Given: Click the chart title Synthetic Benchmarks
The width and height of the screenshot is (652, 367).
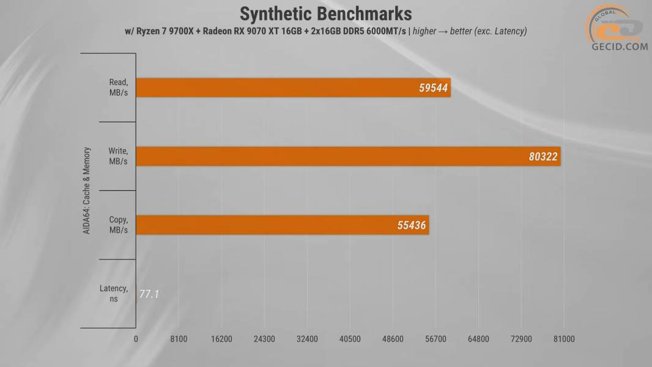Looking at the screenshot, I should coord(325,13).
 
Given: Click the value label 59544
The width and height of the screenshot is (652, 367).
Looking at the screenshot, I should coord(434,88).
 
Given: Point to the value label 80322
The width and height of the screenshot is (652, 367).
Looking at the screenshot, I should coord(543,157).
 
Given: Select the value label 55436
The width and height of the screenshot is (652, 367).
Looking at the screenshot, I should coord(412,226).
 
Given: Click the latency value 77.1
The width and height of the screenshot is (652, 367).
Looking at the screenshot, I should coord(149,294).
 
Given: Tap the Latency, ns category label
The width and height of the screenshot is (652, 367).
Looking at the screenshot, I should coord(114,294).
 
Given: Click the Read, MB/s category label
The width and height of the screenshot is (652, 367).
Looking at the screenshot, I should coord(117,87).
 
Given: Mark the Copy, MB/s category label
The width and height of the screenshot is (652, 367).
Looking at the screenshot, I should coord(117,225).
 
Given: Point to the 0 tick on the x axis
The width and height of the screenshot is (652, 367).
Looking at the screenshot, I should coord(136,339).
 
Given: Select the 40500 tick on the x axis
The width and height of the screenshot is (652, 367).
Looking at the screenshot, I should coord(350,339).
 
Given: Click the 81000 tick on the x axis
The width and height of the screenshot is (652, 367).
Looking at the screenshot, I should coord(563,339).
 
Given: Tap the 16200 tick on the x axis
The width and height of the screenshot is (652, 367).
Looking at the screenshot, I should coord(221,339).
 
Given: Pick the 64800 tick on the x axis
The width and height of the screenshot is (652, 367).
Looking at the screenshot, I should coord(478,339).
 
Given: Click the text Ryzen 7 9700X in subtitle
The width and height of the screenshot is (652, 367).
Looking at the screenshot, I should coord(163,31).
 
